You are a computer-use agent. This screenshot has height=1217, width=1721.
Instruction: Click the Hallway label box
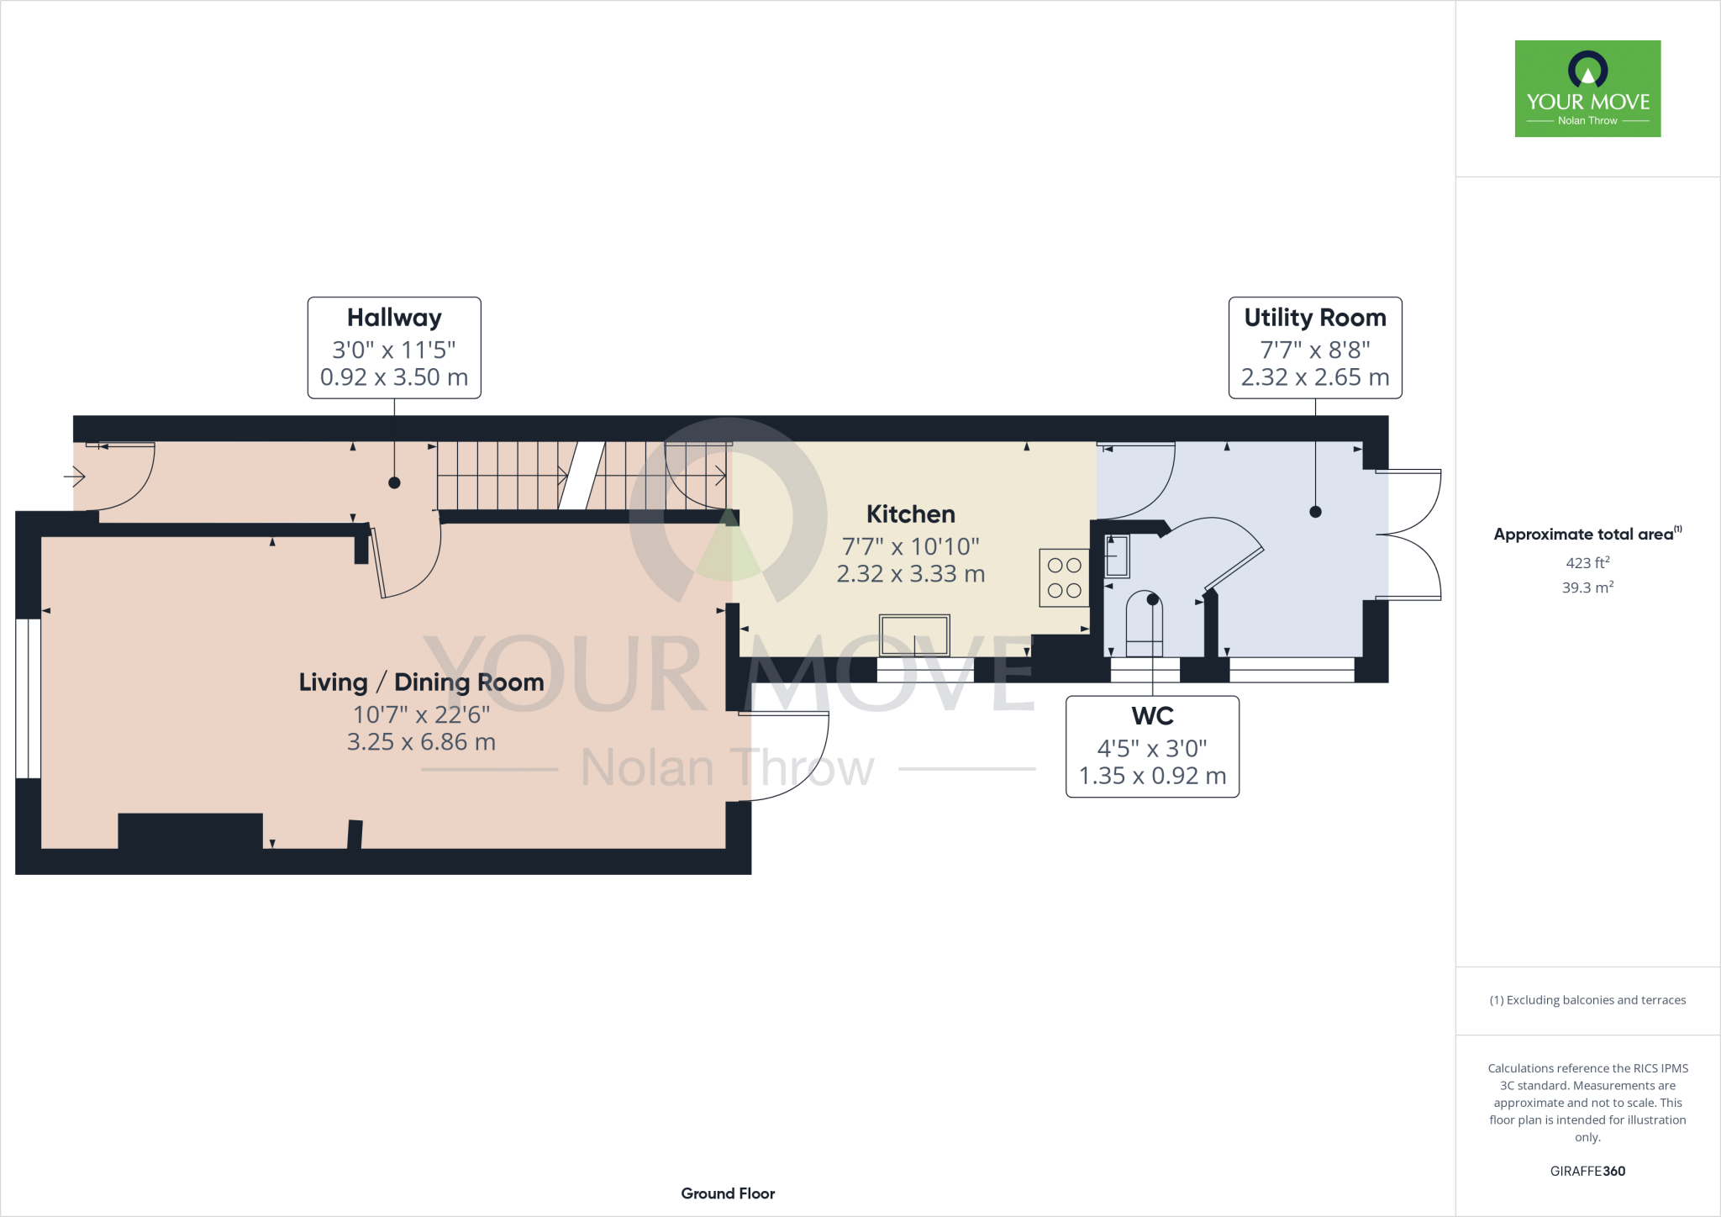(x=394, y=347)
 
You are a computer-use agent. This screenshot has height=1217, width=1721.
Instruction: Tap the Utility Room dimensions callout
(x=1315, y=347)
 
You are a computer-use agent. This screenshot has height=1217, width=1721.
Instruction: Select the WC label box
(x=1152, y=746)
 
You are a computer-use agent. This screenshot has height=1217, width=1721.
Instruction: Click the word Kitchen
(x=910, y=514)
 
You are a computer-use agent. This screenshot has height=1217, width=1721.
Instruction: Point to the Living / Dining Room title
(x=421, y=682)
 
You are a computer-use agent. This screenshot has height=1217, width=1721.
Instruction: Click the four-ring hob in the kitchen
(x=1064, y=577)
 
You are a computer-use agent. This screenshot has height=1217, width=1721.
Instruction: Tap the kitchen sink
(x=914, y=635)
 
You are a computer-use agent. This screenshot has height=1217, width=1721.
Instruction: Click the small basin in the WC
(x=1117, y=556)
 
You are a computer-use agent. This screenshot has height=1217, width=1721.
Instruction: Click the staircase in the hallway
(x=580, y=476)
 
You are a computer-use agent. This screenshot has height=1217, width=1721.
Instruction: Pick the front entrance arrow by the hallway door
(x=75, y=477)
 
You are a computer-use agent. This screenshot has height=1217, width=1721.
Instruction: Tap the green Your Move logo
(x=1587, y=88)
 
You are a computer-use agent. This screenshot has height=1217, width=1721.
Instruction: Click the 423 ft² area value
(x=1587, y=563)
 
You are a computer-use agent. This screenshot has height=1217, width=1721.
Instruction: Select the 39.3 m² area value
(x=1587, y=587)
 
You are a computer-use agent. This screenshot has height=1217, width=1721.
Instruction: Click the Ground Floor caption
(x=728, y=1193)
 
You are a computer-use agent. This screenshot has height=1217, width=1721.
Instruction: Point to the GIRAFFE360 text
(x=1587, y=1171)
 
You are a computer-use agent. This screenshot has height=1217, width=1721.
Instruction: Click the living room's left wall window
(x=28, y=698)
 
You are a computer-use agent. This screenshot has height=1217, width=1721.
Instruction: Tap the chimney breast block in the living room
(x=190, y=830)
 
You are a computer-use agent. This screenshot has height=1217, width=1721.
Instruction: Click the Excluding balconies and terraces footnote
(x=1587, y=1000)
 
